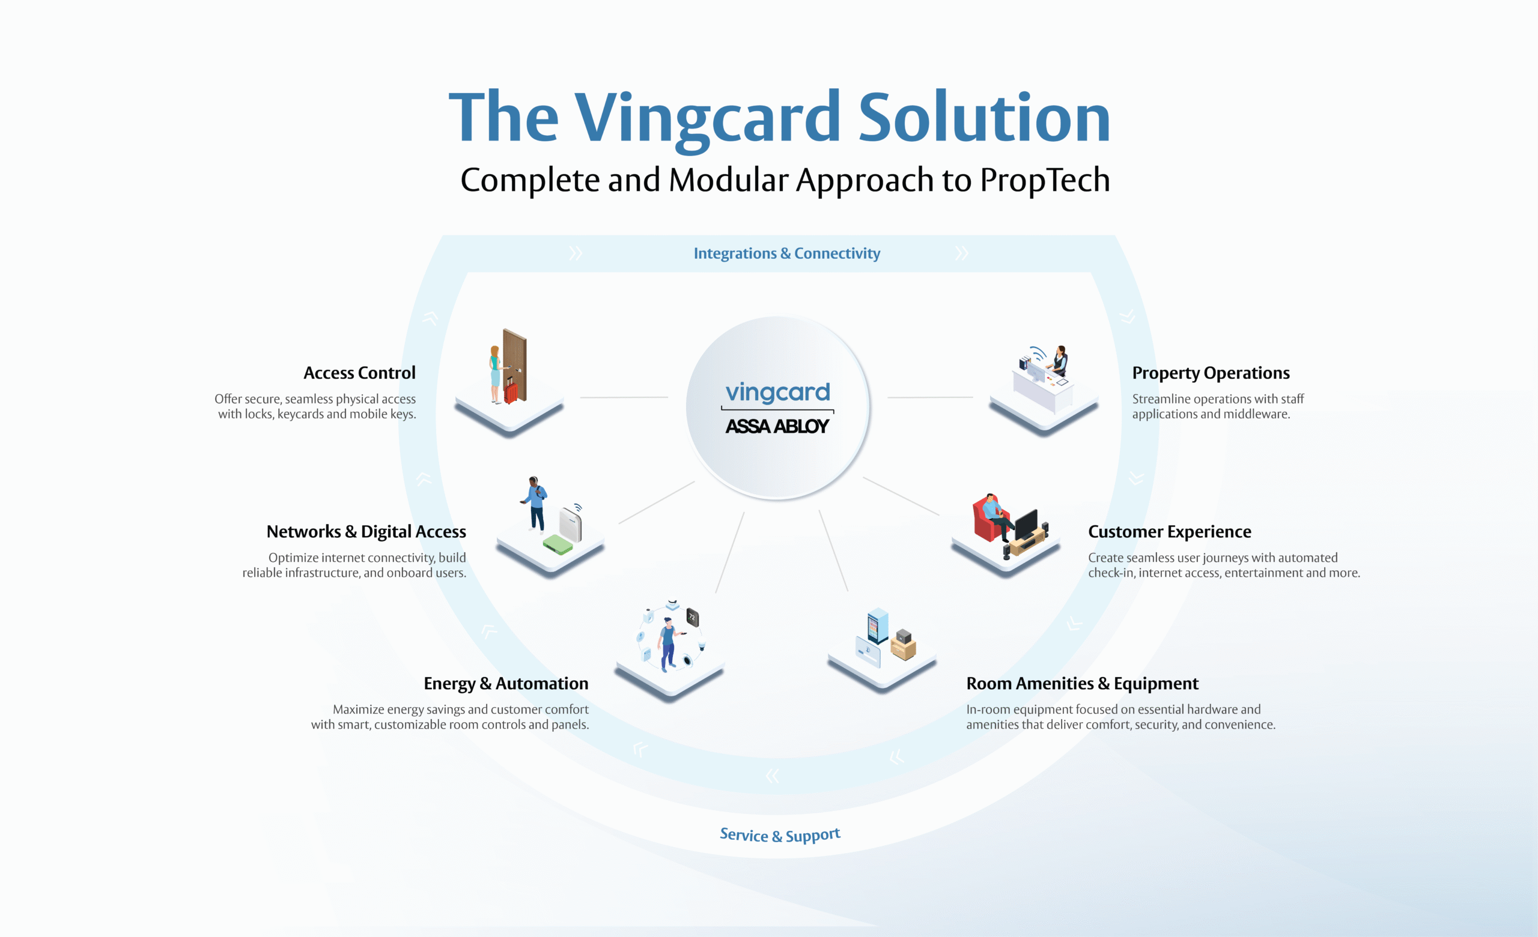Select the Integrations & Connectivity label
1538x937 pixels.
tap(786, 253)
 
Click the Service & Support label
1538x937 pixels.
tap(780, 835)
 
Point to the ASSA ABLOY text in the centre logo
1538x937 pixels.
tap(777, 427)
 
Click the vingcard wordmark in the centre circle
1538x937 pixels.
tap(777, 392)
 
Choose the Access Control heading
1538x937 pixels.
tap(359, 373)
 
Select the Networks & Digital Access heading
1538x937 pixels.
tap(366, 531)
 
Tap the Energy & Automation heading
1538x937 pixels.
tap(506, 684)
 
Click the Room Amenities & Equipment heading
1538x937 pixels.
tap(1082, 684)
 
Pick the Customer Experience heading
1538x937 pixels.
tap(1169, 531)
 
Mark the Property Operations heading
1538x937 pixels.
tap(1211, 373)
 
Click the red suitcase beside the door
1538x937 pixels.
tap(511, 392)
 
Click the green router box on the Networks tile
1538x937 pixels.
tap(558, 544)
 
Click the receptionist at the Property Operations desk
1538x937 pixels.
tap(1059, 360)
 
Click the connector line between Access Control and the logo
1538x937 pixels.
tap(624, 397)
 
